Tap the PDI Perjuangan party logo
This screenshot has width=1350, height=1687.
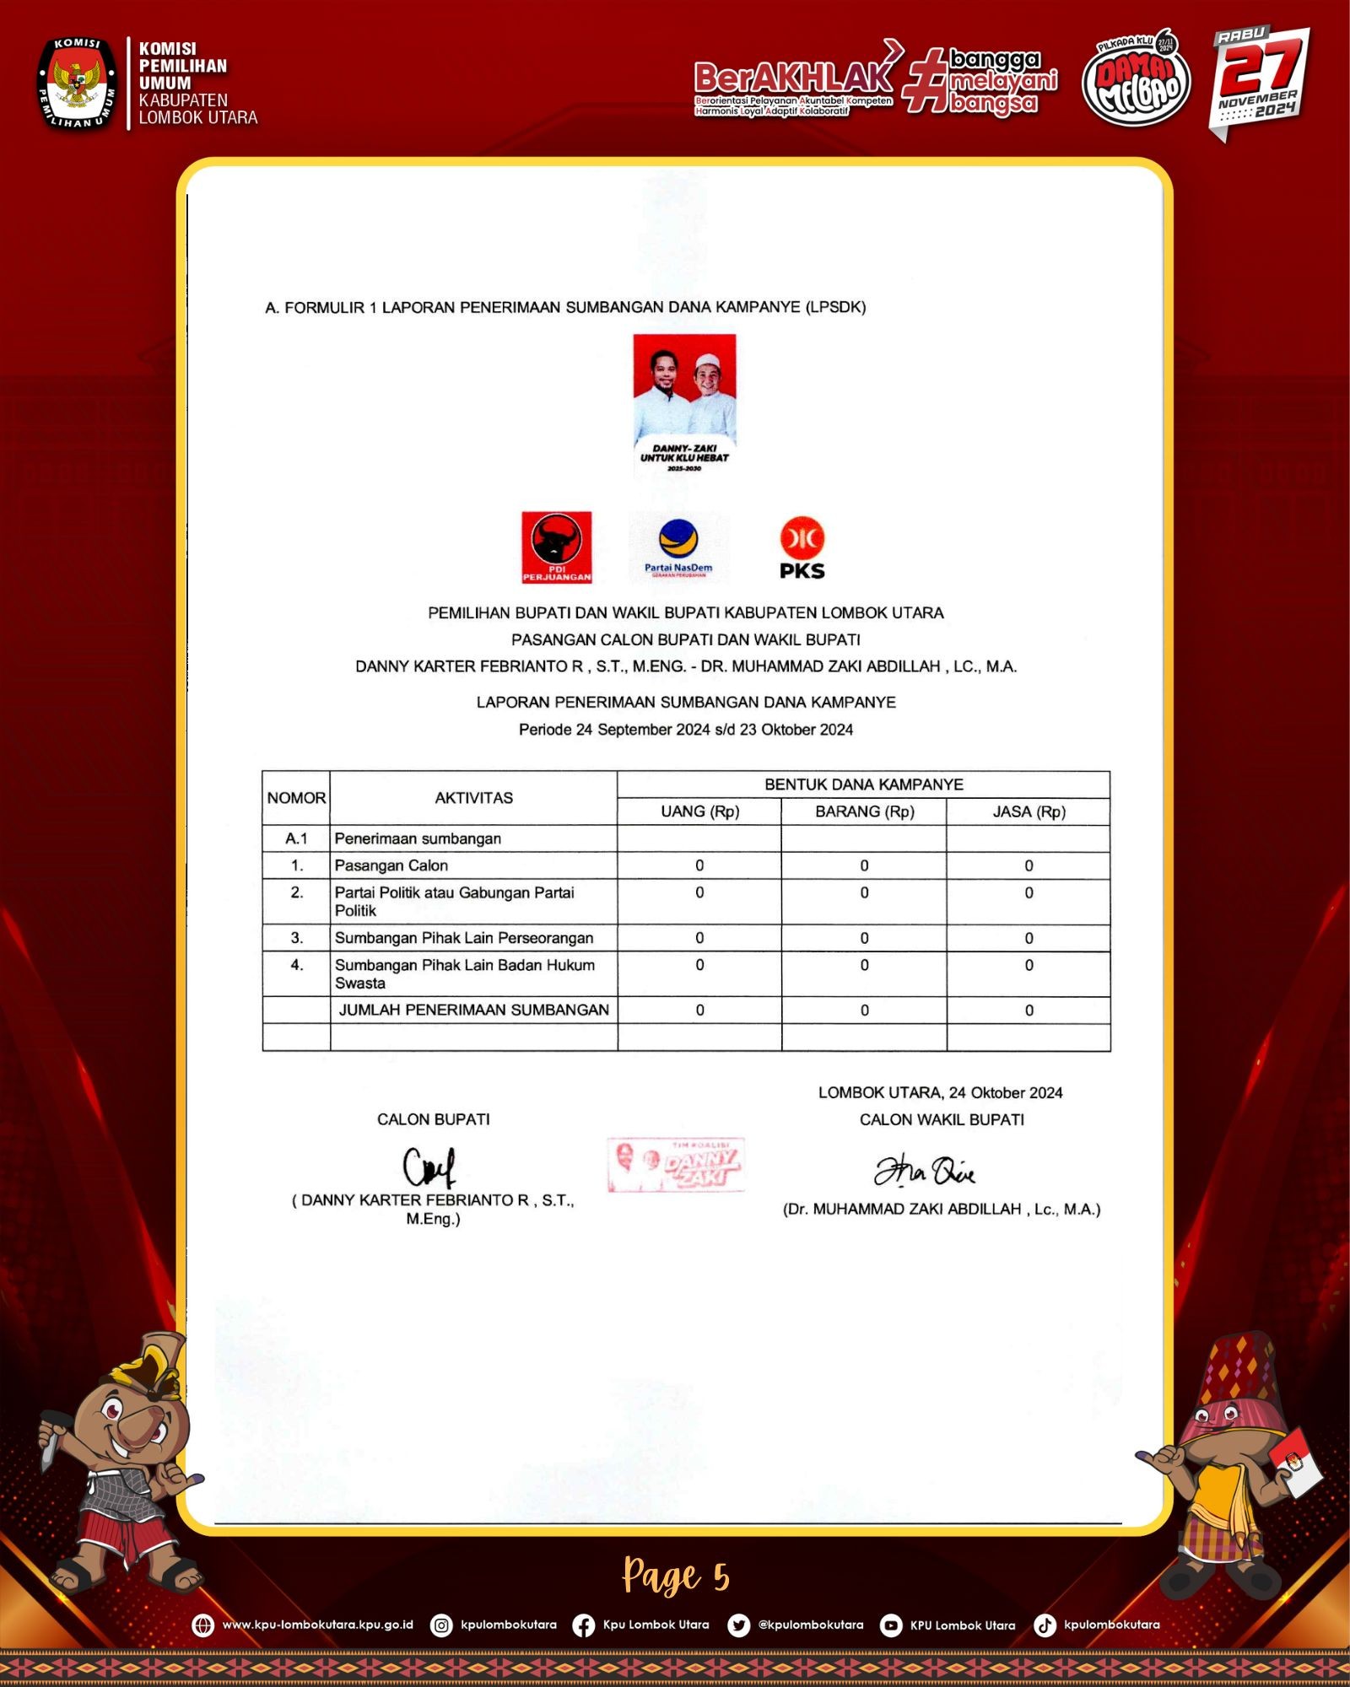(x=556, y=547)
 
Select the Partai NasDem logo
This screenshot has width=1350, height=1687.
(x=678, y=547)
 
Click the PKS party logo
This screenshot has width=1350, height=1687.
(x=802, y=547)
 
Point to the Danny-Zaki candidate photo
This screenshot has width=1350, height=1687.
(x=684, y=403)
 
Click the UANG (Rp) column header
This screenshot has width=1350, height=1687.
(x=699, y=811)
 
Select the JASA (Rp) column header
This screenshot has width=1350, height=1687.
(x=1029, y=811)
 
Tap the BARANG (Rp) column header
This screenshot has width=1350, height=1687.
(x=864, y=811)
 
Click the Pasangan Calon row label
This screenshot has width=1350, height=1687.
(x=391, y=865)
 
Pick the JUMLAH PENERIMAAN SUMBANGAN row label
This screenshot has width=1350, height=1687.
(x=473, y=1010)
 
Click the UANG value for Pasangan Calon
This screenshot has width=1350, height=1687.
(x=699, y=865)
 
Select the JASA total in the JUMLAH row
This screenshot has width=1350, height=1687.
(x=1029, y=1011)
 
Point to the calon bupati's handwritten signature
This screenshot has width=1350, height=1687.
(x=429, y=1167)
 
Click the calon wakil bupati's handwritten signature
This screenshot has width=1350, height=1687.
(x=924, y=1171)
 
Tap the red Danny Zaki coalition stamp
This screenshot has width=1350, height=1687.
(x=676, y=1165)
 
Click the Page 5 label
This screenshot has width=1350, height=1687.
(x=676, y=1576)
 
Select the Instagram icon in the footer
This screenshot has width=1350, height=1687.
(x=441, y=1625)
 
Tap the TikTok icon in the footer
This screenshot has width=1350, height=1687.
(x=1045, y=1625)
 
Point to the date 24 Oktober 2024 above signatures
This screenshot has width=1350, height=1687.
(x=1005, y=1093)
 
